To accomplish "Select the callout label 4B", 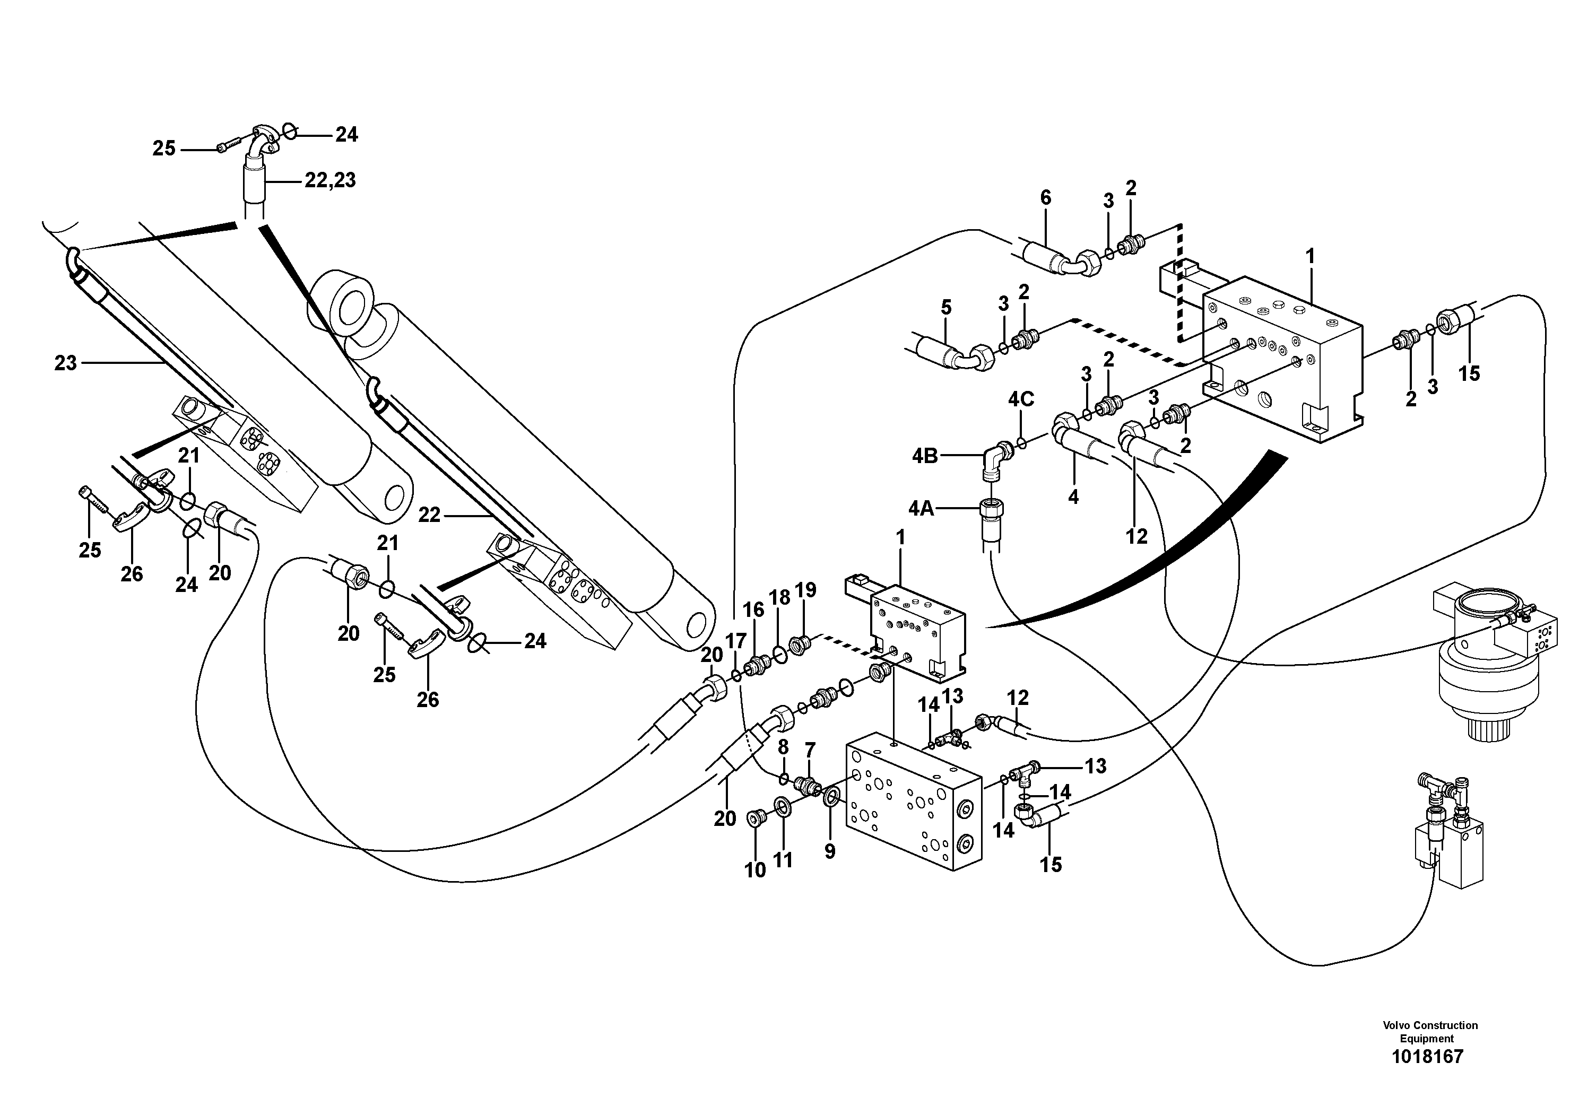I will [925, 456].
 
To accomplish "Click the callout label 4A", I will [921, 509].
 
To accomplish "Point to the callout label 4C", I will [1021, 399].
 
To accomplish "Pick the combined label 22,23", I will [330, 180].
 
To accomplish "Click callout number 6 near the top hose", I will [1045, 198].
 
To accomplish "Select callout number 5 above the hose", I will [947, 307].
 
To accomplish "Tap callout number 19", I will [805, 590].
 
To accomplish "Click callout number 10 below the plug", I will [754, 870].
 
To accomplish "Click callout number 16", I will [753, 609].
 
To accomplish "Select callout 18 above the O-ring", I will [779, 597].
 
